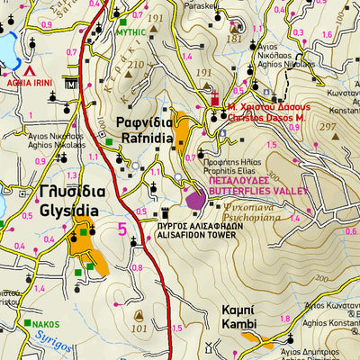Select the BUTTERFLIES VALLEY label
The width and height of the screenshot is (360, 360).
click(x=251, y=191)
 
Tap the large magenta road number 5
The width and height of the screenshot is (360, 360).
click(x=121, y=229)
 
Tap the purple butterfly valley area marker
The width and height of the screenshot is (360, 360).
click(x=194, y=196)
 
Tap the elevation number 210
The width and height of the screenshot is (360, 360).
click(x=136, y=65)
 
